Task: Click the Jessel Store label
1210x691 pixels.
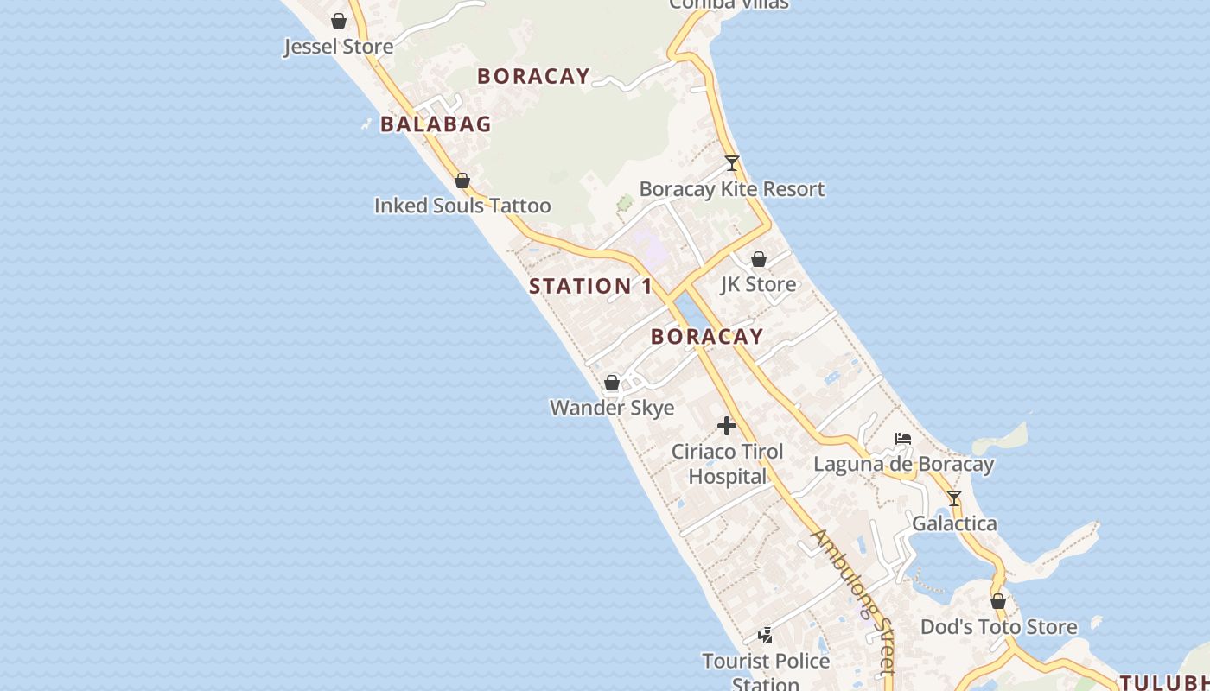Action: pos(338,47)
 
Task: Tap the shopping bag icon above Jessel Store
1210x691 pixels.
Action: pos(339,21)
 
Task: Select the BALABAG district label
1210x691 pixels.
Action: pos(436,124)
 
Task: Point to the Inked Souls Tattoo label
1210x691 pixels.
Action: pos(462,206)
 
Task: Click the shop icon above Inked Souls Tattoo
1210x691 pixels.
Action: pos(462,181)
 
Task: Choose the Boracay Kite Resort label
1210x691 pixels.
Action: pos(732,189)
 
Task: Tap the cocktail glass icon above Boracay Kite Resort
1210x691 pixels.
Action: pos(732,163)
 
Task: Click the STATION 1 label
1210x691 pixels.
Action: pos(590,286)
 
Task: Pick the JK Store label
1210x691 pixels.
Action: pos(758,284)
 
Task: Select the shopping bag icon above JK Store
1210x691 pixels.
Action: pos(759,259)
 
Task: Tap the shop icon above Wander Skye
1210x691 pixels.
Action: pos(612,383)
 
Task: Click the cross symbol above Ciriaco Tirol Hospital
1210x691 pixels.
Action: pos(727,426)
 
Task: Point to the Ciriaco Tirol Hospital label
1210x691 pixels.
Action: pos(728,464)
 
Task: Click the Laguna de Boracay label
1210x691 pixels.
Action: pos(903,465)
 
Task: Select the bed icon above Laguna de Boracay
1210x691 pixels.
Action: pos(903,439)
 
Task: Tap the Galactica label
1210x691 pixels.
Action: pos(954,523)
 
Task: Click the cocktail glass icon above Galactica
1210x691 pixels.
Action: pos(954,498)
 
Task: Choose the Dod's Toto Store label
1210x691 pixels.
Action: pos(998,627)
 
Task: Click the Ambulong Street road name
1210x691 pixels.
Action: pos(852,600)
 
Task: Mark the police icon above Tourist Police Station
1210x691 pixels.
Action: pos(765,637)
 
